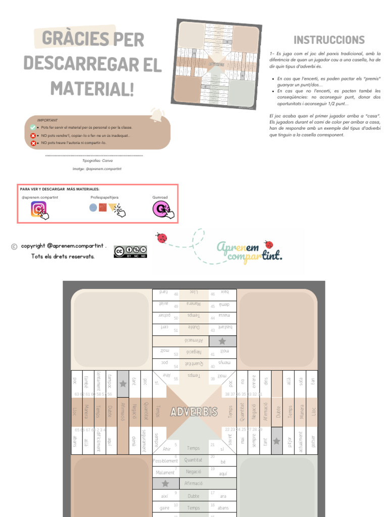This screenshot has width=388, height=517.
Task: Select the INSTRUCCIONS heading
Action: point(329,40)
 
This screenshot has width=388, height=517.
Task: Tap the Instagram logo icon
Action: point(39,209)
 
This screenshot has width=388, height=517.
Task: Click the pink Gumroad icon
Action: point(161,209)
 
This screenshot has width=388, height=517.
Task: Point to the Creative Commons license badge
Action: point(130,251)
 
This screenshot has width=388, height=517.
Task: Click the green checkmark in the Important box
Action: point(33,127)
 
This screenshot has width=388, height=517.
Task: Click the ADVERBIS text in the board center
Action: point(194,411)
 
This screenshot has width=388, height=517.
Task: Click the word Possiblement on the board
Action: point(165,461)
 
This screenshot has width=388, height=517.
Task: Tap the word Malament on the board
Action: point(165,473)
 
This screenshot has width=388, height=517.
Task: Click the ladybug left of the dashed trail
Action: point(162,238)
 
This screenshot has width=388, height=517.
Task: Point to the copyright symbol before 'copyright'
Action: point(14,246)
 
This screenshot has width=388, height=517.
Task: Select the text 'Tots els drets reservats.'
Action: point(63,256)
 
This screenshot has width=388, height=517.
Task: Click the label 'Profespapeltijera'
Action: point(105,197)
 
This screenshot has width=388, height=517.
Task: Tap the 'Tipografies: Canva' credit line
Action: point(97,160)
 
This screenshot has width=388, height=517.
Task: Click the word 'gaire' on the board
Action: point(164,507)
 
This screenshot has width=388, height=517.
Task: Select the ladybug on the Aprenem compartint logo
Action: point(268,244)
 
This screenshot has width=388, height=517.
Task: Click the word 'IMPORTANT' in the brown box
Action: point(47,120)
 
